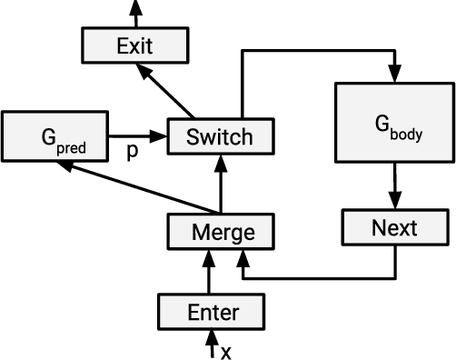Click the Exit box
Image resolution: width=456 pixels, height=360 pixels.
[135, 45]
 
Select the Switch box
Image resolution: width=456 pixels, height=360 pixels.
[219, 137]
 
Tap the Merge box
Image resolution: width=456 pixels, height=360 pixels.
[221, 232]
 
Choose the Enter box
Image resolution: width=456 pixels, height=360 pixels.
[213, 313]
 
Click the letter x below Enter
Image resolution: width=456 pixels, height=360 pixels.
[226, 352]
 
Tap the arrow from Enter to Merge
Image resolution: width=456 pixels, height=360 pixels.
[213, 272]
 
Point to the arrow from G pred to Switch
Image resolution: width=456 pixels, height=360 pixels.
[142, 137]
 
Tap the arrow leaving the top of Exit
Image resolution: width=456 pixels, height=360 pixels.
[135, 12]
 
